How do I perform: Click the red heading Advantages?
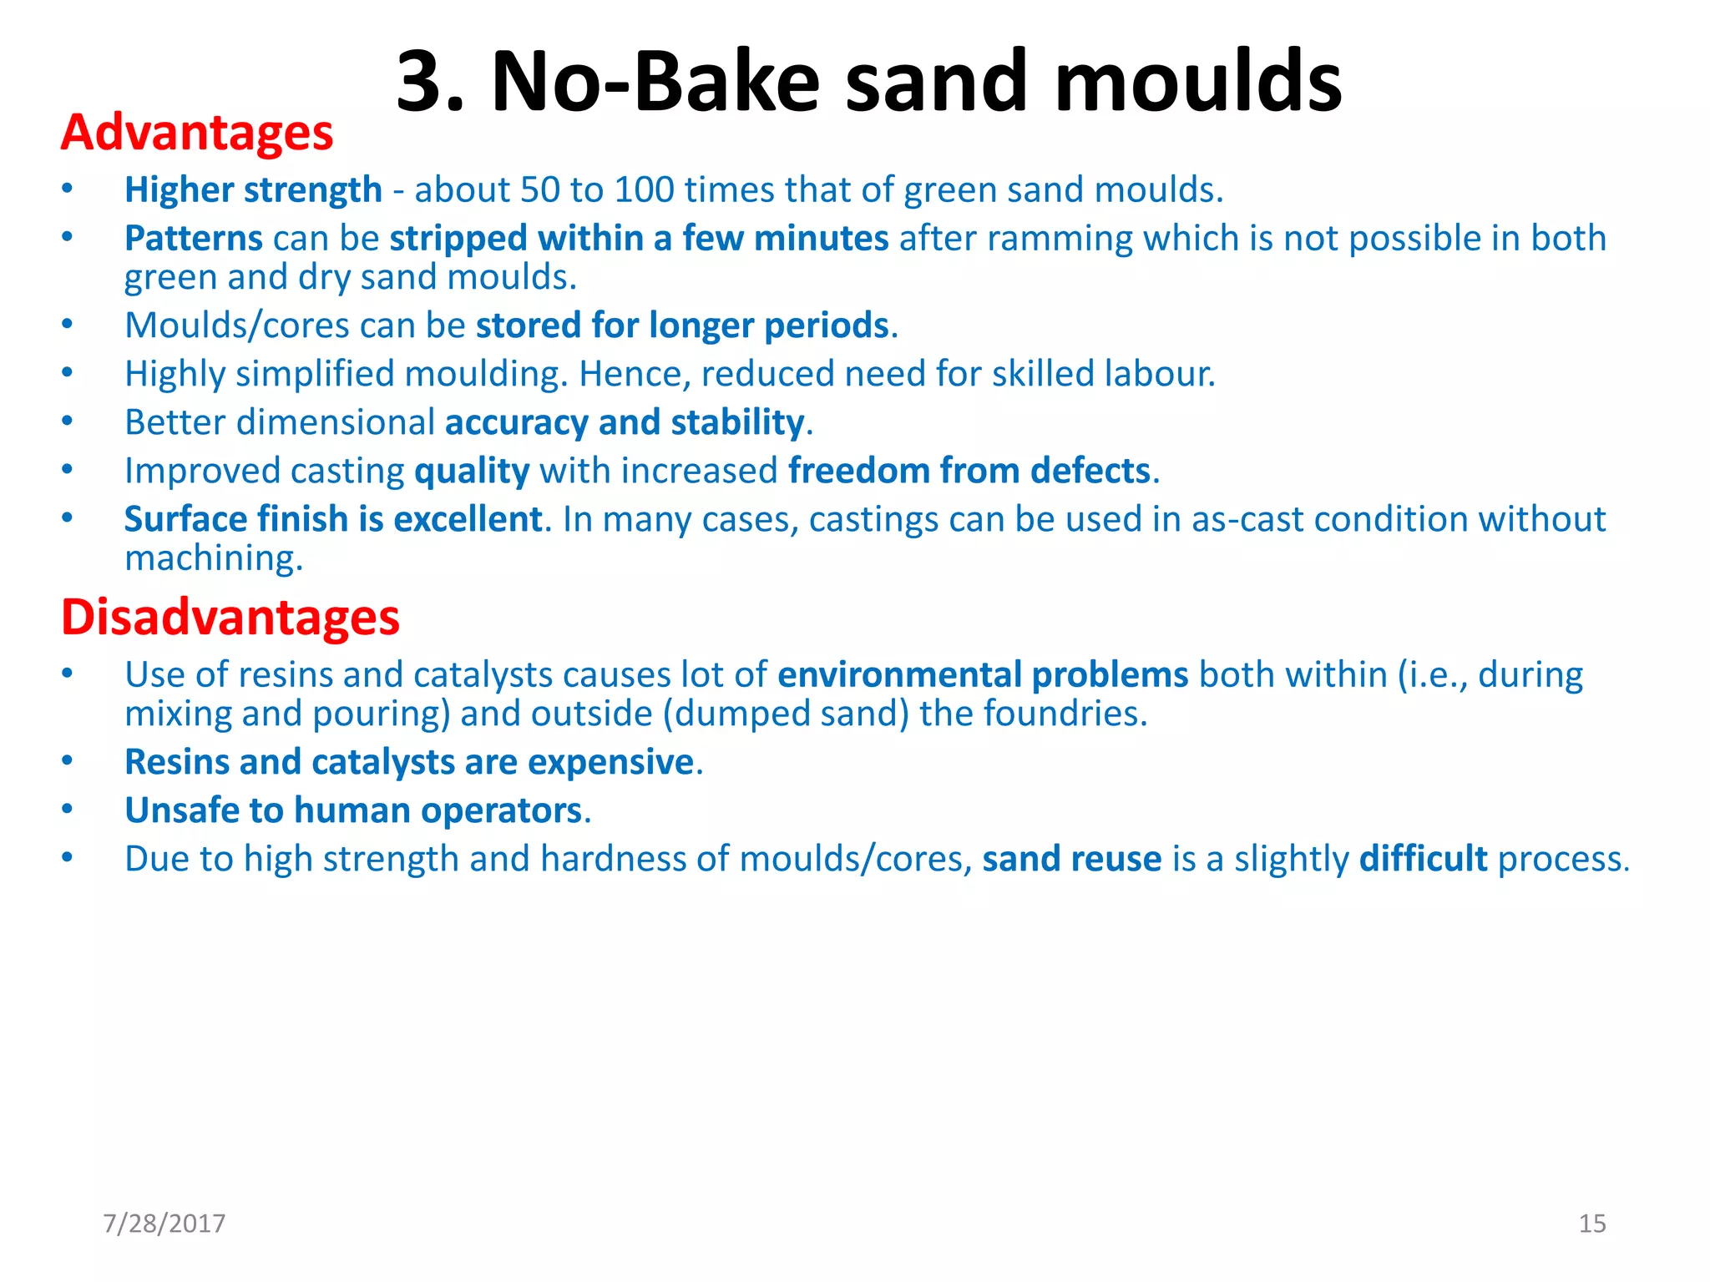[x=197, y=134]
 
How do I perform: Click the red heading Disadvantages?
[x=230, y=618]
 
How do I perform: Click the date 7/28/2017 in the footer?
[x=164, y=1224]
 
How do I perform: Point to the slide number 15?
[x=1592, y=1224]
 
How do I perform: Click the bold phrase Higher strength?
[x=253, y=190]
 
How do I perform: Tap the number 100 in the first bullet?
[x=644, y=190]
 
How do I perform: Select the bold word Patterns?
[x=194, y=239]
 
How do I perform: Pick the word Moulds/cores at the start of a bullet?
[x=236, y=326]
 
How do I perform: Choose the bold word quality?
[x=472, y=472]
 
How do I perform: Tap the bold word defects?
[x=1090, y=471]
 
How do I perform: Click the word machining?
[x=213, y=558]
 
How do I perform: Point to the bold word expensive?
[x=610, y=762]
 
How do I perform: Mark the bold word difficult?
[x=1423, y=859]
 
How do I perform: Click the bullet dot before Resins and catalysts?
[x=67, y=761]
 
